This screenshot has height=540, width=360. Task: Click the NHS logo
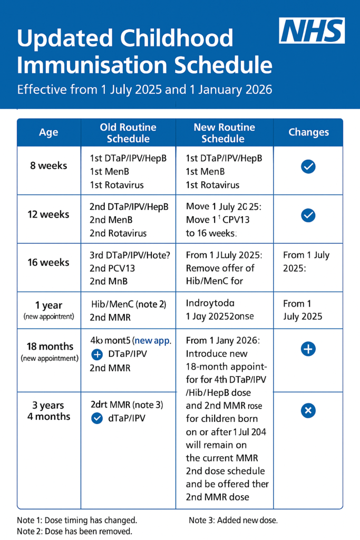pyautogui.click(x=312, y=31)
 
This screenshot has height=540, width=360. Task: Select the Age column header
pyautogui.click(x=48, y=132)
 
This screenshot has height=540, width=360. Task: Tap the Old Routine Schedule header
pyautogui.click(x=128, y=133)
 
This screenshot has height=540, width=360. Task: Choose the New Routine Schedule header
pyautogui.click(x=224, y=133)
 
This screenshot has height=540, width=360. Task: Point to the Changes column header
pyautogui.click(x=308, y=132)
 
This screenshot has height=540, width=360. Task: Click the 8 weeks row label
pyautogui.click(x=48, y=166)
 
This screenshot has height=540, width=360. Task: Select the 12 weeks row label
pyautogui.click(x=48, y=215)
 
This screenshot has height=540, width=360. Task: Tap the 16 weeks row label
pyautogui.click(x=48, y=263)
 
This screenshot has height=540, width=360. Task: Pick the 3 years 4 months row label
pyautogui.click(x=48, y=411)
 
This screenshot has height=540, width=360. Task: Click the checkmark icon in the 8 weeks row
pyautogui.click(x=308, y=167)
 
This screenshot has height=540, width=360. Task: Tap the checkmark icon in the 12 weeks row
pyautogui.click(x=308, y=215)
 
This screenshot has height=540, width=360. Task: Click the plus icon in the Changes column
pyautogui.click(x=308, y=349)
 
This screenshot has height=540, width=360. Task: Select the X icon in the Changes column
pyautogui.click(x=308, y=410)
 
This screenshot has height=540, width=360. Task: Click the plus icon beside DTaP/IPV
pyautogui.click(x=97, y=355)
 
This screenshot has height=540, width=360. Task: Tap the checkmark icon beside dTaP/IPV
pyautogui.click(x=97, y=418)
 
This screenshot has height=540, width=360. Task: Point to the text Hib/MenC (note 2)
pyautogui.click(x=128, y=304)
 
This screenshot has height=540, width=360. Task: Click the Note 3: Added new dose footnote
pyautogui.click(x=233, y=520)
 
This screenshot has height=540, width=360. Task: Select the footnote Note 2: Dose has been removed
pyautogui.click(x=74, y=531)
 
